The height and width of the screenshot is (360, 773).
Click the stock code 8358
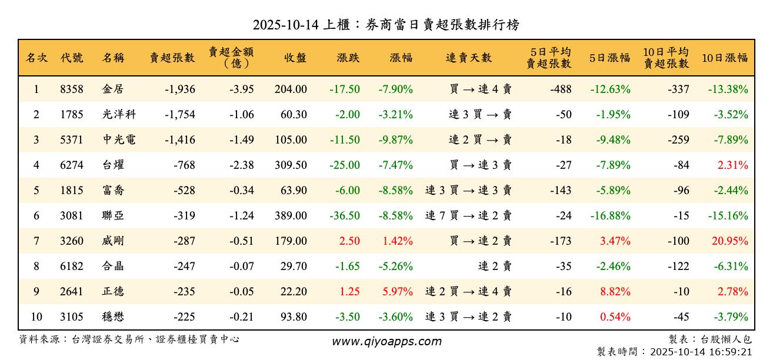(x=72, y=89)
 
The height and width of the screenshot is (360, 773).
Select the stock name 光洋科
(x=119, y=115)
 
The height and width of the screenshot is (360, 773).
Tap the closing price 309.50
(x=291, y=165)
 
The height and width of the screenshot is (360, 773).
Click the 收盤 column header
(x=295, y=58)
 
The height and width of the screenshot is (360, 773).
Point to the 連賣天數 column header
(x=468, y=58)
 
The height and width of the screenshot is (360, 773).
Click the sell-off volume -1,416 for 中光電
(x=176, y=140)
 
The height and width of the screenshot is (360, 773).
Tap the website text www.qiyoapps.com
(x=386, y=342)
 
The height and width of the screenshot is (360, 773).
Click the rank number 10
(x=36, y=317)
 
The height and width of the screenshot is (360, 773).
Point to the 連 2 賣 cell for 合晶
(x=494, y=266)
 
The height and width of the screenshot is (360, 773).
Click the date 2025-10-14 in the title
(x=285, y=25)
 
